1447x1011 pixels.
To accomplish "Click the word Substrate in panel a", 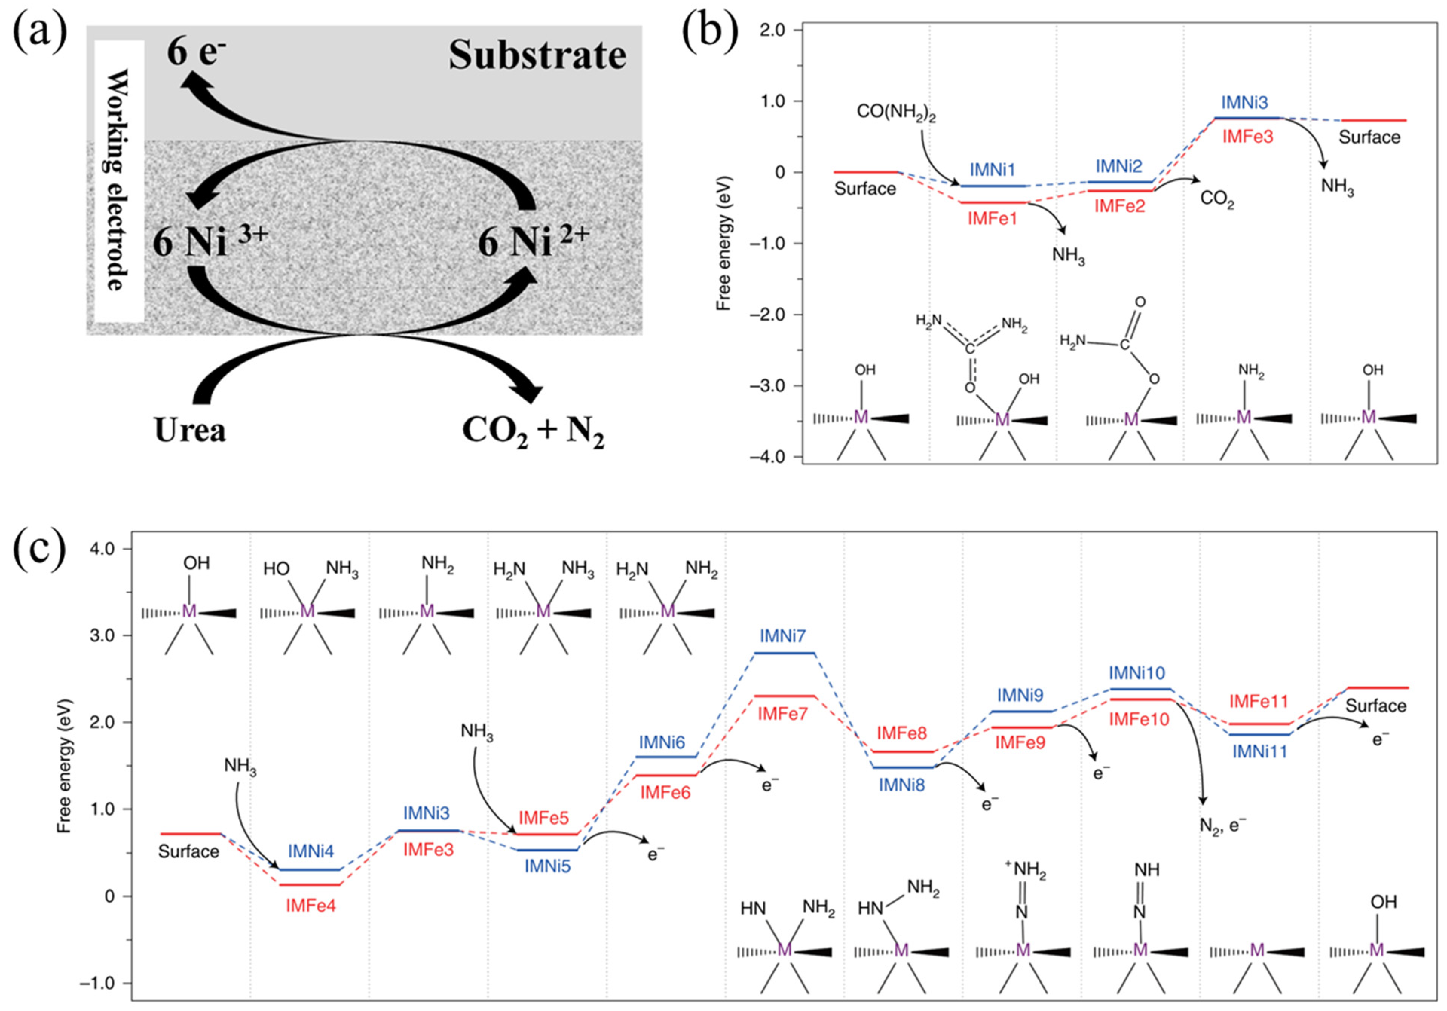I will click(x=537, y=55).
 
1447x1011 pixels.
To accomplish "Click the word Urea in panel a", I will click(x=190, y=431).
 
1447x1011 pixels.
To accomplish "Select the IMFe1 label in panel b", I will click(x=992, y=218).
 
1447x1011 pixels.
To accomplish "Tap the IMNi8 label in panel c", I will click(x=902, y=785).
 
